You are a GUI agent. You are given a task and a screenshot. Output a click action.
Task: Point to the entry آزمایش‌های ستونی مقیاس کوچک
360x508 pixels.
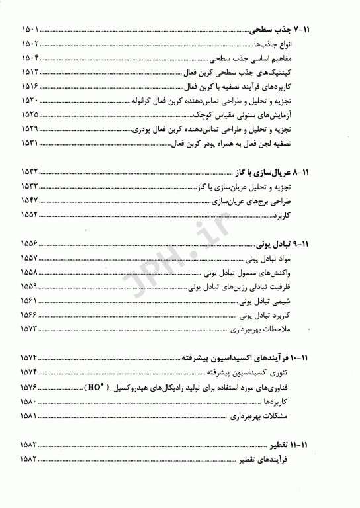tap(268, 114)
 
